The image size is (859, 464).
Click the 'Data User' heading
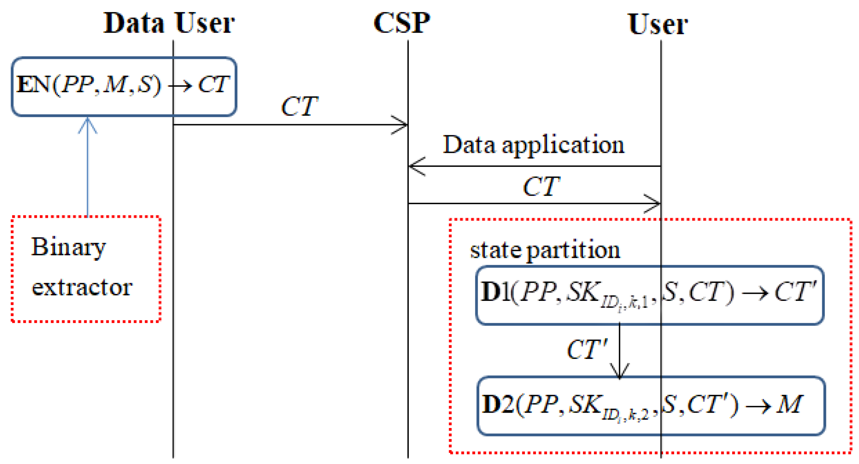pos(169,23)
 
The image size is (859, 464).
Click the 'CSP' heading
pos(401,23)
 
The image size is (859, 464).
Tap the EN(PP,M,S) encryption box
pos(124,86)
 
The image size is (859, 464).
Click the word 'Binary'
pos(68,247)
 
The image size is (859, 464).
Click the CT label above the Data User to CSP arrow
pos(299,107)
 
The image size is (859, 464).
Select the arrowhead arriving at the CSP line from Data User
pos(401,125)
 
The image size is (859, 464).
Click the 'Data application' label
pos(533,145)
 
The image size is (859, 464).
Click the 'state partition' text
pos(545,251)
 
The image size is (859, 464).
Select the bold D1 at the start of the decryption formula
pos(495,292)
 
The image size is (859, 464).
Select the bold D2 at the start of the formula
pos(497,404)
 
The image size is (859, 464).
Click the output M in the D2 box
pos(789,404)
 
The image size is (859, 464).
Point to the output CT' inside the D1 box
pos(795,292)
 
